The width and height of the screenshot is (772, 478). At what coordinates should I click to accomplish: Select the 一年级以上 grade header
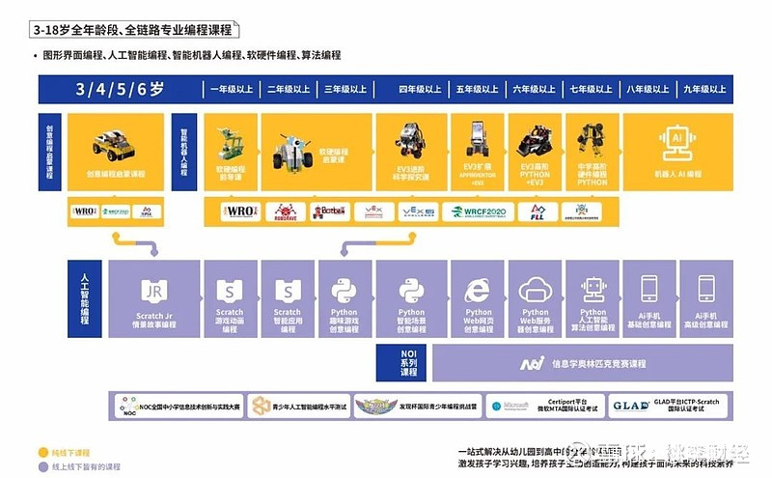coord(233,89)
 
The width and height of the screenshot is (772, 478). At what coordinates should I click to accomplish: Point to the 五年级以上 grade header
coord(477,89)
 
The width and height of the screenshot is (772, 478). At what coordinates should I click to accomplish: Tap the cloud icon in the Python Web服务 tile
coord(535,289)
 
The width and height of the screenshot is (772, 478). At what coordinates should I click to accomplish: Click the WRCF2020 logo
coord(478,211)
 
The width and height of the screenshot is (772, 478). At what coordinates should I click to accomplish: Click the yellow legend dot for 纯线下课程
coord(42,451)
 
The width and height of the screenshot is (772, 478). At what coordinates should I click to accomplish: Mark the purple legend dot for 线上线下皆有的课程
coord(42,465)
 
